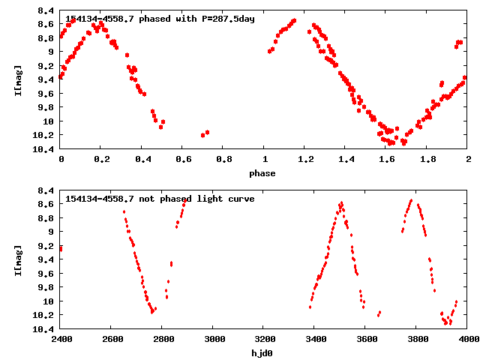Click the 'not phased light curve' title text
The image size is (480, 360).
(160, 199)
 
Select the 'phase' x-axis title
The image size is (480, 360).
(262, 173)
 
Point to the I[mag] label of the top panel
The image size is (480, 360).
(17, 81)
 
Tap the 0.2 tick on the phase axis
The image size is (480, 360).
(101, 159)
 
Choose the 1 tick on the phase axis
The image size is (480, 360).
(264, 159)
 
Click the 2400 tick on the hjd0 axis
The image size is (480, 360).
(61, 339)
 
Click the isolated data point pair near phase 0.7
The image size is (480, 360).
(205, 133)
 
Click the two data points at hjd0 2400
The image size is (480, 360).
(61, 248)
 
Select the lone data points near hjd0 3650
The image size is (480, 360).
(379, 313)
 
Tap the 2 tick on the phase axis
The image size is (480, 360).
(468, 159)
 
